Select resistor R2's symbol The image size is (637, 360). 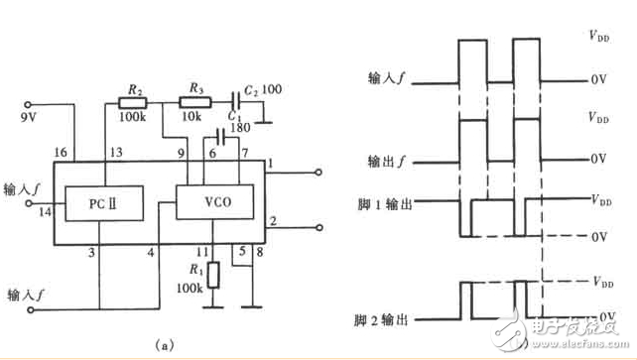(x=132, y=100)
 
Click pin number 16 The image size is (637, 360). (x=59, y=153)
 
